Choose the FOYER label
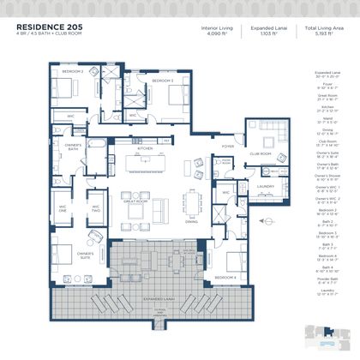[227, 147]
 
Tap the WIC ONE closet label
[63, 207]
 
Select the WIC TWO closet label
[96, 207]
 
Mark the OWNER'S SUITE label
[84, 254]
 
